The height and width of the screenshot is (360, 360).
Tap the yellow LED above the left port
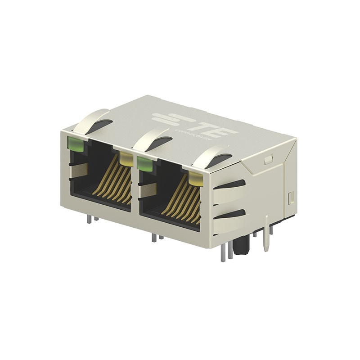[x=126, y=158]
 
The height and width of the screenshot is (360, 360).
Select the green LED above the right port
[x=144, y=163]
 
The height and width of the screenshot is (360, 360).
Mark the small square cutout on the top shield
[x=268, y=159]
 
